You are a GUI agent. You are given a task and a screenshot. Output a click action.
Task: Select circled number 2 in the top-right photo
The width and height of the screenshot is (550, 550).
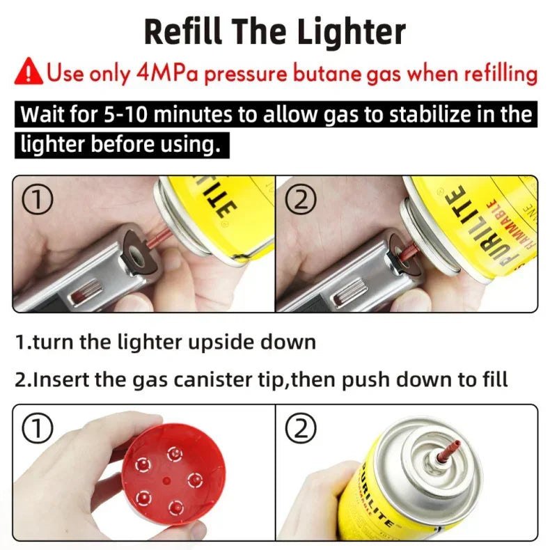pyautogui.click(x=301, y=201)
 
